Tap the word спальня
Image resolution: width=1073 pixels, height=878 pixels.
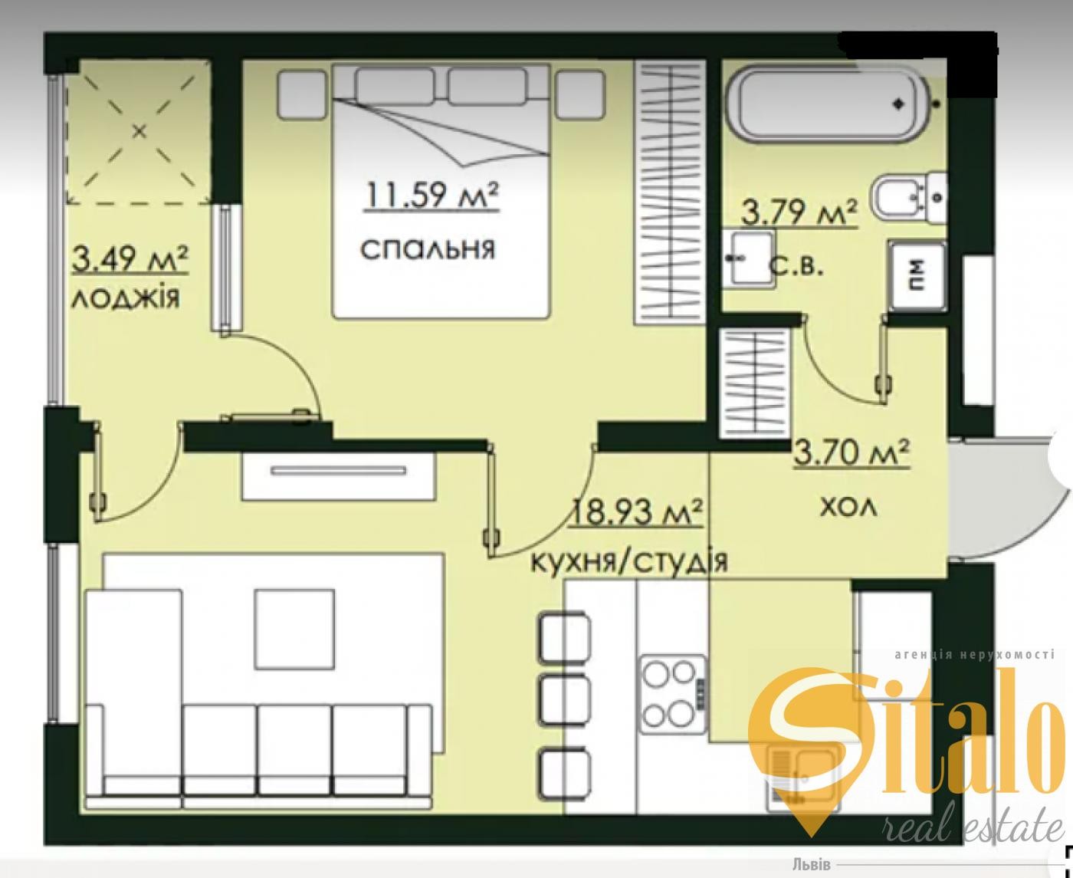click(x=428, y=249)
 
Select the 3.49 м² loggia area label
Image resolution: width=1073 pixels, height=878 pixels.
click(x=130, y=259)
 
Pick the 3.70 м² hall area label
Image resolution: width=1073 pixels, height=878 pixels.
click(x=852, y=452)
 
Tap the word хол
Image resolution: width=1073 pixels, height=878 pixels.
click(x=848, y=508)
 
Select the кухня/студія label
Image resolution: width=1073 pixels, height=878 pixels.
click(x=629, y=561)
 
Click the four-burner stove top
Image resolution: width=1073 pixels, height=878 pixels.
click(x=673, y=694)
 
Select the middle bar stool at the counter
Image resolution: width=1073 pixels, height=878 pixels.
click(x=565, y=699)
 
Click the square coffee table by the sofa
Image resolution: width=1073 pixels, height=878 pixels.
click(x=294, y=629)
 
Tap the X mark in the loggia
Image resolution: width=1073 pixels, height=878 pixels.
click(x=139, y=132)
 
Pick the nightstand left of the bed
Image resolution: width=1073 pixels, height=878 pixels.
click(x=302, y=95)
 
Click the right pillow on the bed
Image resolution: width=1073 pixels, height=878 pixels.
click(x=487, y=86)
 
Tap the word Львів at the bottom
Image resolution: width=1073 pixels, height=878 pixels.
click(x=811, y=864)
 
